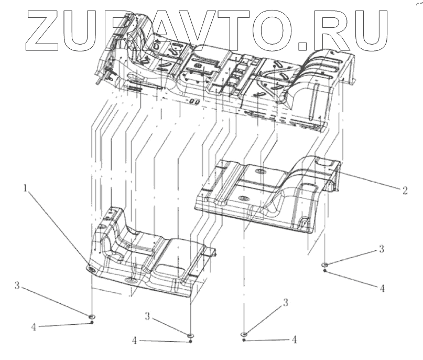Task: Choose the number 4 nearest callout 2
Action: (383, 288)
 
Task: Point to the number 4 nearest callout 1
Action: (34, 326)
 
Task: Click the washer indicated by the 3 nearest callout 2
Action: (326, 264)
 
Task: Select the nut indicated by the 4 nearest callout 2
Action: (326, 271)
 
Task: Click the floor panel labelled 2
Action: (262, 194)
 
